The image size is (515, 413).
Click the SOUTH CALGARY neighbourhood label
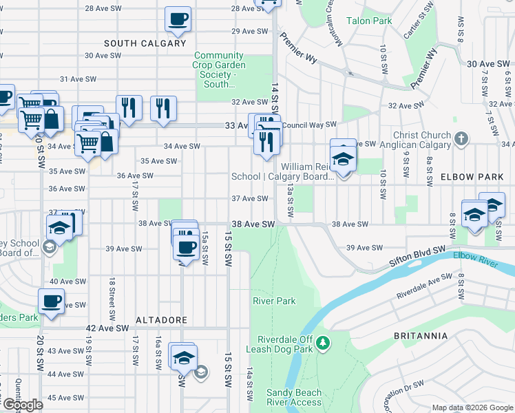[145, 43]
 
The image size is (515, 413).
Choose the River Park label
[274, 301]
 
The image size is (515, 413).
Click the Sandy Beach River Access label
[294, 397]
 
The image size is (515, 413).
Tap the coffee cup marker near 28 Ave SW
[178, 20]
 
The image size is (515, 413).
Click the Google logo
[22, 404]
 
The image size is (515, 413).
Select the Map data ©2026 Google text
[472, 408]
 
